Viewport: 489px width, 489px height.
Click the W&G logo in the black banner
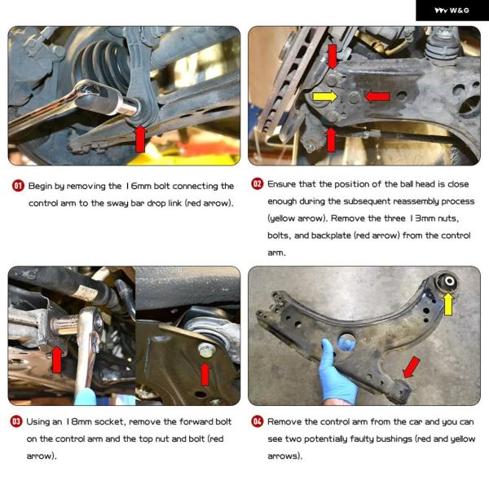tap(452, 11)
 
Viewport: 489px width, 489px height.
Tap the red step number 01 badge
tap(18, 186)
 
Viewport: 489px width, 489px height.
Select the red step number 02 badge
tap(258, 183)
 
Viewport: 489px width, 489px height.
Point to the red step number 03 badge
tap(16, 421)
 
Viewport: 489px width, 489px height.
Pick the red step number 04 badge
tap(258, 421)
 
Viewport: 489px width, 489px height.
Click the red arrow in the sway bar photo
tap(140, 139)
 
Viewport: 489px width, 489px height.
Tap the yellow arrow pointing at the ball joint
tap(325, 96)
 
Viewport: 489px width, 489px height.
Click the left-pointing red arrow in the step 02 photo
tap(377, 96)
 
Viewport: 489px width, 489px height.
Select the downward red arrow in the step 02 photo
tap(333, 56)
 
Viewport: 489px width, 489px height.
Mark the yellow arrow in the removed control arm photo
tap(448, 304)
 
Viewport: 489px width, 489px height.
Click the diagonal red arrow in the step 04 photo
tap(412, 368)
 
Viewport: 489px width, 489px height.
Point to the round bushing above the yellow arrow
tap(448, 282)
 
